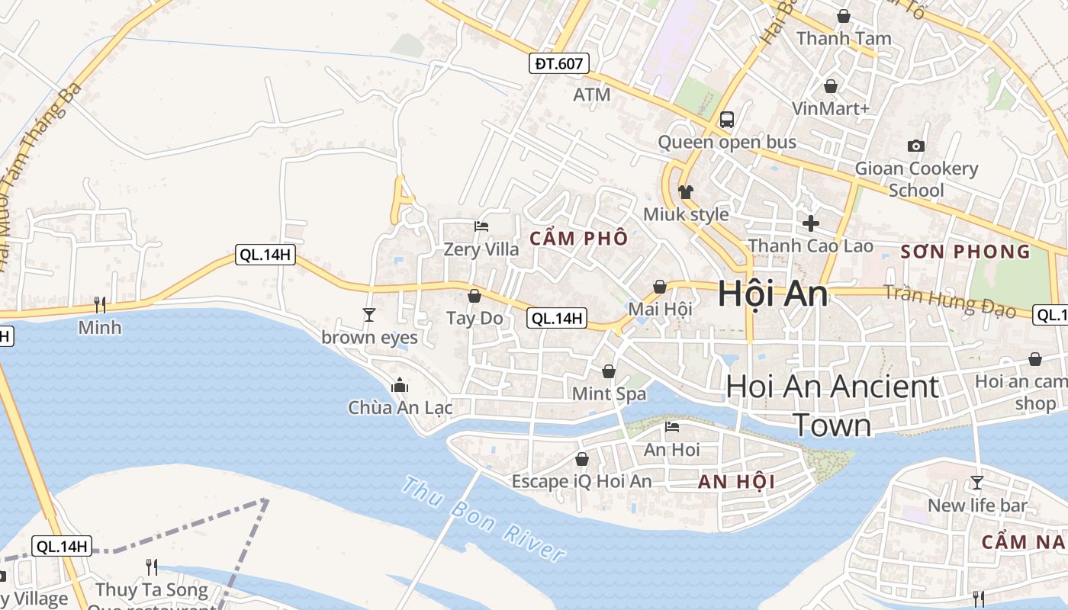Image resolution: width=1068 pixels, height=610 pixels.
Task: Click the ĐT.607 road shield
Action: click(x=559, y=63)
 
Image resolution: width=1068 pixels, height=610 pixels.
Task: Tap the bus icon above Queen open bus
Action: click(x=726, y=119)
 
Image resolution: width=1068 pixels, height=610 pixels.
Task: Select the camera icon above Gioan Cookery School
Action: click(x=915, y=146)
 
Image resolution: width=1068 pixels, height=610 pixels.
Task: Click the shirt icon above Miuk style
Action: click(x=686, y=191)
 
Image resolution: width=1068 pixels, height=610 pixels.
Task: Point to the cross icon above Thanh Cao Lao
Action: click(x=810, y=223)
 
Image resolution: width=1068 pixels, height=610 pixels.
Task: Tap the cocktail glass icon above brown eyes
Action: click(x=369, y=314)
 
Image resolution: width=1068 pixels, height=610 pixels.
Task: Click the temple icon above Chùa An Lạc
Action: click(x=400, y=386)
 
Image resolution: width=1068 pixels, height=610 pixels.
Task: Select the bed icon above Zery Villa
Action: click(x=481, y=226)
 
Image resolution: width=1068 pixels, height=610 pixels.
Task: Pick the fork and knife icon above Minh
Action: click(x=100, y=305)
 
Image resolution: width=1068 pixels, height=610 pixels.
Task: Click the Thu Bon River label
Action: click(x=484, y=518)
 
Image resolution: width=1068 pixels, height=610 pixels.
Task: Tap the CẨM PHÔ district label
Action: click(x=579, y=238)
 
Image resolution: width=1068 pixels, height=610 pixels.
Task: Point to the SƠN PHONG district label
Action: click(x=965, y=252)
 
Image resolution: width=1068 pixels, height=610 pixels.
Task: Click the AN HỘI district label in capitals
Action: click(x=736, y=481)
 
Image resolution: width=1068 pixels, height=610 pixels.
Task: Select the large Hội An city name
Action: click(x=772, y=294)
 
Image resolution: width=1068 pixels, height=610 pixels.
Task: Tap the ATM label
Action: click(x=592, y=95)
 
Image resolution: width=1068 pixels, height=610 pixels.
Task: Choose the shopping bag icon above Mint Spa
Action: click(x=609, y=371)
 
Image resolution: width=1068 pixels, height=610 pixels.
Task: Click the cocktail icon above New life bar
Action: click(x=976, y=482)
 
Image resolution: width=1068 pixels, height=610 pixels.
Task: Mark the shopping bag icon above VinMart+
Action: click(x=830, y=86)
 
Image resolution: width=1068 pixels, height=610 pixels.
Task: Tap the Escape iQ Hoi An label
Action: click(x=581, y=481)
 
